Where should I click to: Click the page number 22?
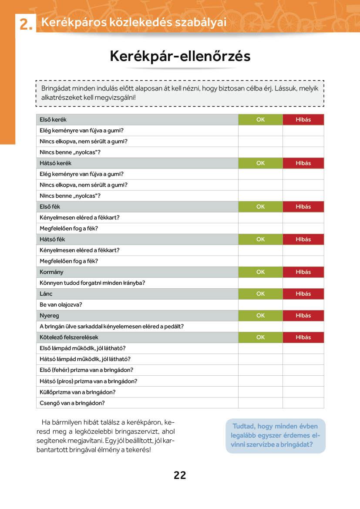[x=180, y=475]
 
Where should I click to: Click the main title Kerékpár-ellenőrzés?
[x=180, y=56]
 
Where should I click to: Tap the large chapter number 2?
[x=26, y=25]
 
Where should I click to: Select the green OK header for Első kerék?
[x=260, y=120]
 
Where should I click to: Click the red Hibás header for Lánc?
[x=303, y=294]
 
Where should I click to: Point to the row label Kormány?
[x=51, y=272]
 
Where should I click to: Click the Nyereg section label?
[x=49, y=316]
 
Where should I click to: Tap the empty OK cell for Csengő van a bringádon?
[x=260, y=403]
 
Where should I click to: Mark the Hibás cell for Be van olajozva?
[x=303, y=305]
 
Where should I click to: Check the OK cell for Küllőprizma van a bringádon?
[x=260, y=392]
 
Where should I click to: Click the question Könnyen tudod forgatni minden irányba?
[x=92, y=283]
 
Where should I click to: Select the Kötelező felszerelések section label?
[x=69, y=337]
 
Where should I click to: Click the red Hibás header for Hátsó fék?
[x=303, y=239]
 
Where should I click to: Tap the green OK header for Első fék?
[x=260, y=207]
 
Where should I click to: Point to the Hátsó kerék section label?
[x=55, y=163]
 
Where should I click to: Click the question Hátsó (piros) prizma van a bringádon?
[x=88, y=381]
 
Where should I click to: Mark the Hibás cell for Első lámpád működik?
[x=303, y=348]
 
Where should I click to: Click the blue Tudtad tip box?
[x=275, y=436]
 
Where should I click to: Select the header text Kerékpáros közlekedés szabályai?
[x=134, y=22]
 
